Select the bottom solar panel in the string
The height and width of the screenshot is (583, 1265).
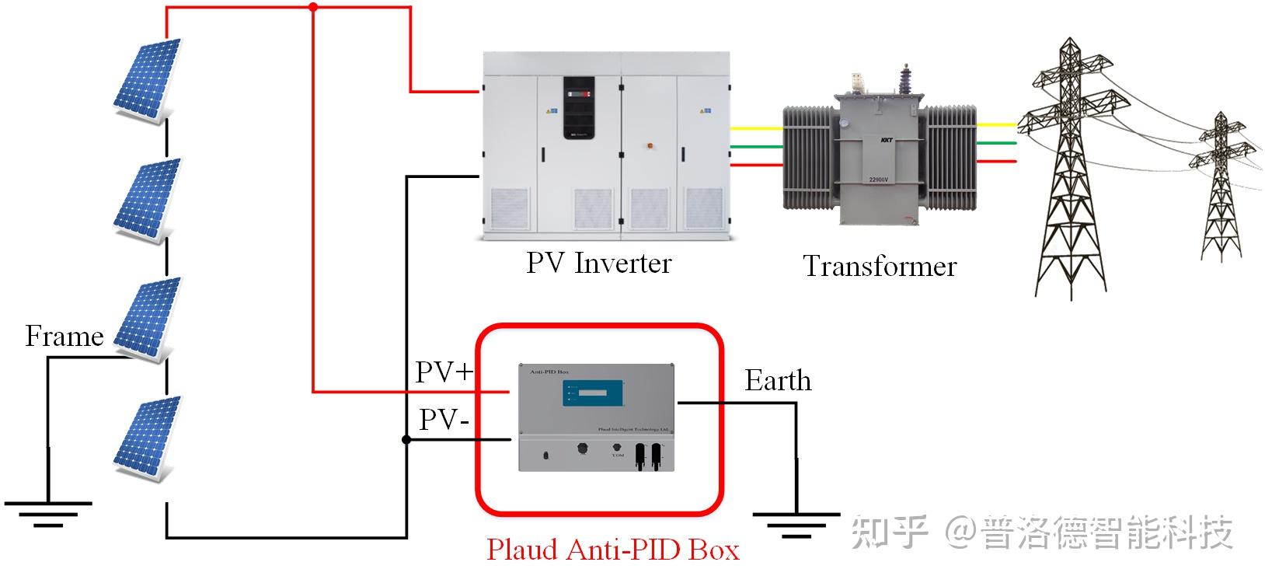coord(148,438)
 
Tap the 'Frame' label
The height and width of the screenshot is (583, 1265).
coord(64,337)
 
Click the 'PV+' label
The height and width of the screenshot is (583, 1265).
coord(444,372)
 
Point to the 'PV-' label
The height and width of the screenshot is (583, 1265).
coord(444,421)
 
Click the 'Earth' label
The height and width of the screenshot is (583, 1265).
coord(778,381)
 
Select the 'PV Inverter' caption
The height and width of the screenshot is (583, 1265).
coord(598,264)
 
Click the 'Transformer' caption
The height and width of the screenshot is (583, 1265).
coord(880,267)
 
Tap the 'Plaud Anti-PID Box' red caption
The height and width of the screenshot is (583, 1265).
coord(612,550)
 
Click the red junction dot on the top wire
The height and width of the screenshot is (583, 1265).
coord(313,8)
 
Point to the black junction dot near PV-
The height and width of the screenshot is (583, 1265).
coord(406,440)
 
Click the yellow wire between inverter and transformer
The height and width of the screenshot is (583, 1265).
coord(756,128)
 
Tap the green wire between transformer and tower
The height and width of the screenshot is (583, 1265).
coord(995,143)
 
